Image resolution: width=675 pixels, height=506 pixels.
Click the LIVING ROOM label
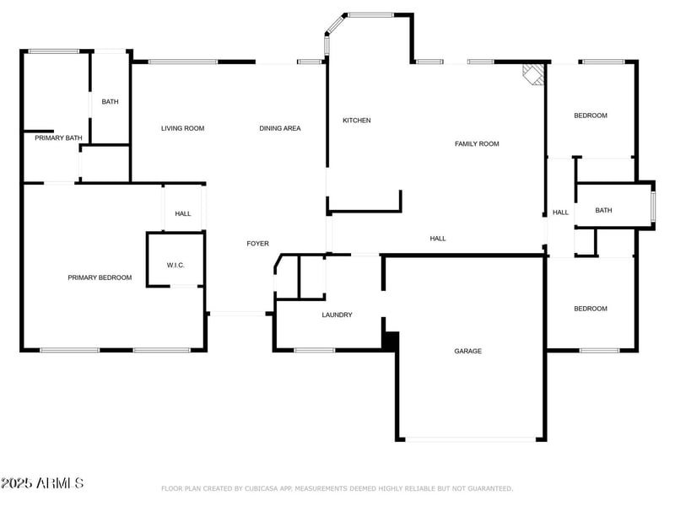pyautogui.click(x=183, y=128)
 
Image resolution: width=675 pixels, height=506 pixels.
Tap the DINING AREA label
pyautogui.click(x=279, y=128)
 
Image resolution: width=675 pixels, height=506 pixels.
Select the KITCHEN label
pyautogui.click(x=356, y=121)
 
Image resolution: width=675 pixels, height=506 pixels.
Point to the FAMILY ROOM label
pyautogui.click(x=477, y=144)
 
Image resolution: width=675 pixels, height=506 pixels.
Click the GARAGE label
pyautogui.click(x=468, y=351)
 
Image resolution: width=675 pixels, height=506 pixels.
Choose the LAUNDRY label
pyautogui.click(x=337, y=315)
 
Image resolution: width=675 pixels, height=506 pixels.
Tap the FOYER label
pyautogui.click(x=257, y=244)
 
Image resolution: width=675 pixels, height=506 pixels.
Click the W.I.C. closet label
pyautogui.click(x=175, y=266)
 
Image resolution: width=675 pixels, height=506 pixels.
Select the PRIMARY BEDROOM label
pyautogui.click(x=100, y=277)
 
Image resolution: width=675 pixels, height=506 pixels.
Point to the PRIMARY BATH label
pyautogui.click(x=58, y=137)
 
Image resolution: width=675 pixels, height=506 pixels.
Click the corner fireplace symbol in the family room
pyautogui.click(x=532, y=74)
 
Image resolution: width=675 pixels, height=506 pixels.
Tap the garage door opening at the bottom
pyautogui.click(x=472, y=439)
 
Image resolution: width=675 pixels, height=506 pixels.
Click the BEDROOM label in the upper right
pyautogui.click(x=590, y=116)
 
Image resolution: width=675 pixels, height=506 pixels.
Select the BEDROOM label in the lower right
pyautogui.click(x=590, y=309)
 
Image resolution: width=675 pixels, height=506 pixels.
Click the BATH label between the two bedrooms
pyautogui.click(x=603, y=211)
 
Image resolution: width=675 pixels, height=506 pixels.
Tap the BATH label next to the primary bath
pyautogui.click(x=111, y=102)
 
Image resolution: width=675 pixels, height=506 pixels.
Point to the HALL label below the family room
pyautogui.click(x=438, y=239)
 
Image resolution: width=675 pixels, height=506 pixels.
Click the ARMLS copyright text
pyautogui.click(x=42, y=483)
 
